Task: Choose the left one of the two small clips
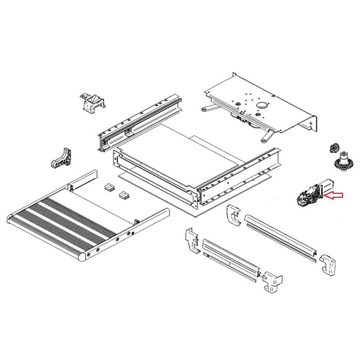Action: click(x=109, y=187)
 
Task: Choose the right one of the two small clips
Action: click(x=124, y=195)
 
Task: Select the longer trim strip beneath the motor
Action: click(x=280, y=236)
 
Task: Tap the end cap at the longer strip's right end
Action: click(x=328, y=265)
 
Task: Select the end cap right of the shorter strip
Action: click(x=272, y=282)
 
